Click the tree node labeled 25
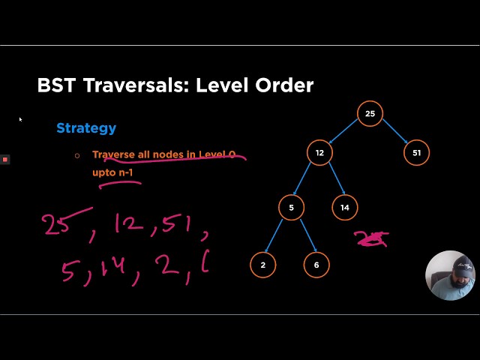click(x=370, y=114)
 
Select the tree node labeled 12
click(x=319, y=153)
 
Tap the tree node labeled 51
click(x=416, y=153)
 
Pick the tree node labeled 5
click(x=291, y=208)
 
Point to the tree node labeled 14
click(x=344, y=208)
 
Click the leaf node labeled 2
click(x=262, y=265)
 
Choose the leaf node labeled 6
click(x=316, y=265)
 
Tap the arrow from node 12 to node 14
click(x=332, y=181)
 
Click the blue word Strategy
click(x=86, y=128)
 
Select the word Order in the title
click(x=286, y=85)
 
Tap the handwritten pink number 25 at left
click(x=57, y=223)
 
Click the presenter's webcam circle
click(x=450, y=275)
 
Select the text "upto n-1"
click(x=112, y=172)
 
